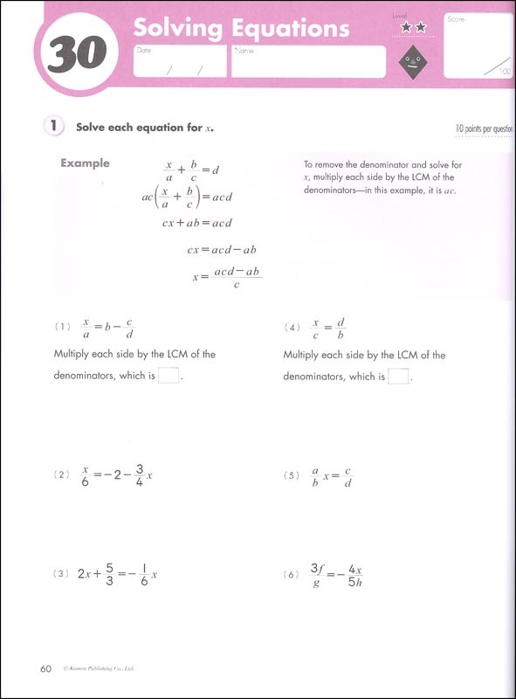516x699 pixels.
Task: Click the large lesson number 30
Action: [x=77, y=56]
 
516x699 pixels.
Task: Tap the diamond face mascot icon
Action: [x=412, y=62]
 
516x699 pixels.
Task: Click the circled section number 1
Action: [x=54, y=127]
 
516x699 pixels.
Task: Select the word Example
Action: [x=85, y=163]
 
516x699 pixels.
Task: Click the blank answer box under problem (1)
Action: [x=169, y=377]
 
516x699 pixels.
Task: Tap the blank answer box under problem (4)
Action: [x=398, y=377]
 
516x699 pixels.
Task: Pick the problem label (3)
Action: [x=61, y=574]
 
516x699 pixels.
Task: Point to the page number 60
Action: [x=46, y=669]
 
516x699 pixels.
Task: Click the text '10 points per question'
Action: [x=483, y=128]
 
